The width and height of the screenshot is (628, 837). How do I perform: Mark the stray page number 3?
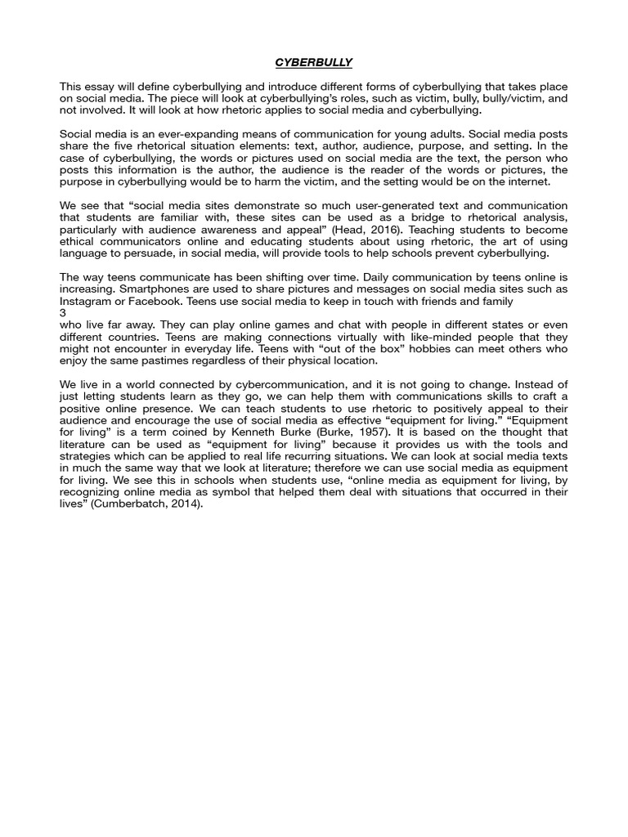[x=63, y=313]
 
